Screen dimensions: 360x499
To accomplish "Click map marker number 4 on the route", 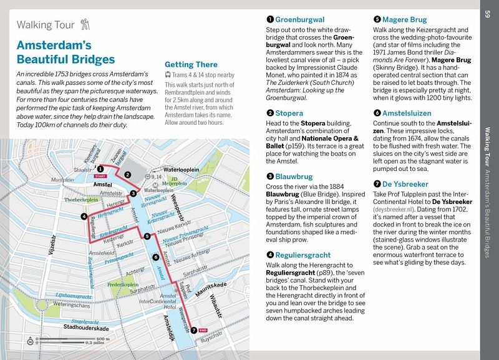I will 84,216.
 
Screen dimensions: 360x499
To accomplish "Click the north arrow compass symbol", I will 30,341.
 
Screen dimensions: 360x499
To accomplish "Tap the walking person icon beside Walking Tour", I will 86,26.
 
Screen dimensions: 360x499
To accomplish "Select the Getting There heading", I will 190,64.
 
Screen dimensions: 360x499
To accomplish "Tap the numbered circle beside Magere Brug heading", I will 377,19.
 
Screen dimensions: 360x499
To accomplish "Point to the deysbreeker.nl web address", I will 399,211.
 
